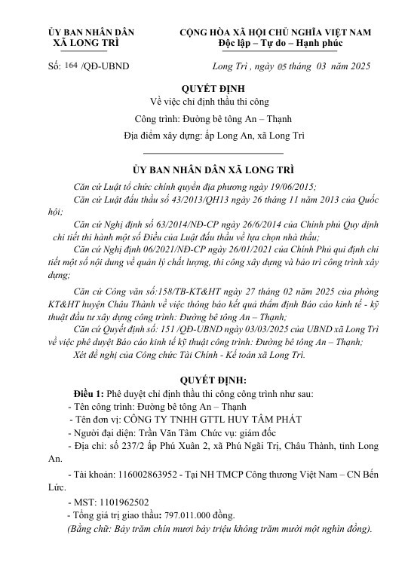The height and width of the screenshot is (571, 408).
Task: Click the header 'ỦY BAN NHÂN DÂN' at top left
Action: (x=90, y=32)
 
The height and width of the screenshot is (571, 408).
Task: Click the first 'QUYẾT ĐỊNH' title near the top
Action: (x=204, y=89)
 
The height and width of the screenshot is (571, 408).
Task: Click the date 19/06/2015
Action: (x=290, y=187)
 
